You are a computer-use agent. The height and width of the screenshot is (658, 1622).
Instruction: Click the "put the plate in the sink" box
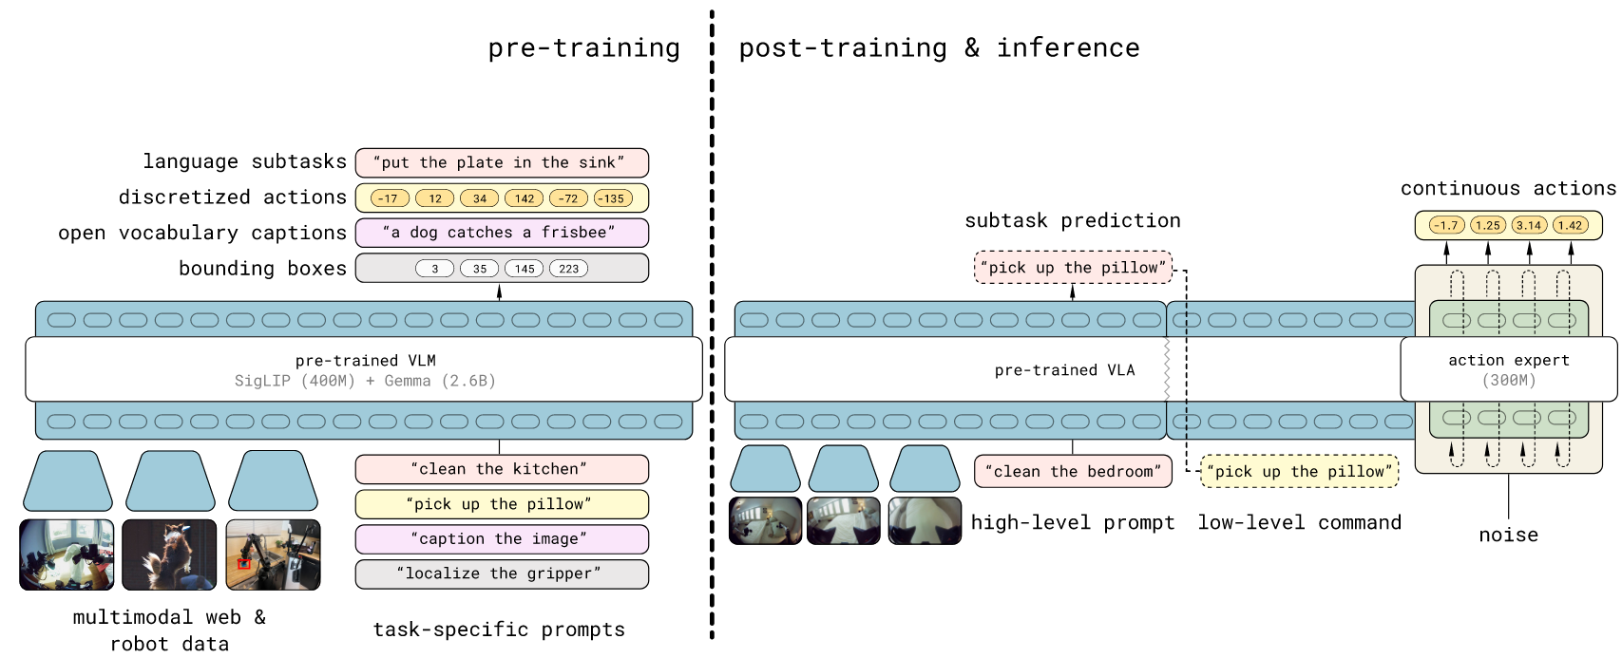[501, 162]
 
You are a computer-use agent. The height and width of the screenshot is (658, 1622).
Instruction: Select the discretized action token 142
[524, 198]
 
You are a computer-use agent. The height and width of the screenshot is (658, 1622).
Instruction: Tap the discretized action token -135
[613, 198]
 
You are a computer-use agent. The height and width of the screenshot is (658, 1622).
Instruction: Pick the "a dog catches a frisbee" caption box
[501, 233]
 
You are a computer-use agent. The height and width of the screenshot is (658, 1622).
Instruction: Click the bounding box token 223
[568, 269]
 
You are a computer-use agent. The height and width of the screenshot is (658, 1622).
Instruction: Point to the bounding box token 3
[434, 269]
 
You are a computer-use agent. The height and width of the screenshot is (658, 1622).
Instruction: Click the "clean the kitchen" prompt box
[501, 469]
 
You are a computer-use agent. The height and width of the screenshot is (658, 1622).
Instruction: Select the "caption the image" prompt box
[501, 539]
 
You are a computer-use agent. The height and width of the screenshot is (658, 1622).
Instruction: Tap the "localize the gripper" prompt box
[501, 573]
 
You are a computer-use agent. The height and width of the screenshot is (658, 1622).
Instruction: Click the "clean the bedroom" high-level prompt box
[1072, 471]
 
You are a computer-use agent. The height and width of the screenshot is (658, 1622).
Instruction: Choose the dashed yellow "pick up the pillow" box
[1299, 471]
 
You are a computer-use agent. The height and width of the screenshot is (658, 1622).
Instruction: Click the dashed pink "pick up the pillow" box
[1073, 268]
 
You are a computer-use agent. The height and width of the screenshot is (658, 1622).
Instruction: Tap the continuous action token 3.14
[1529, 225]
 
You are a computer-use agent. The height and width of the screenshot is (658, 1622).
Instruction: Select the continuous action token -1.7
[1446, 225]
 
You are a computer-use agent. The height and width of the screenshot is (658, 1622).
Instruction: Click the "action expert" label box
[1508, 369]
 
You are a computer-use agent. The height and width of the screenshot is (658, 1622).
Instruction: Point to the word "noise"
[1508, 535]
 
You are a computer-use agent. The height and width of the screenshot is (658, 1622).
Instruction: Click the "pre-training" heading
[583, 48]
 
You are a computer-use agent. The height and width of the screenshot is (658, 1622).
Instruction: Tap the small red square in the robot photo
[244, 564]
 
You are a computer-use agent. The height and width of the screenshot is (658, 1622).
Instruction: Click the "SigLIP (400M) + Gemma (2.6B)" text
[365, 381]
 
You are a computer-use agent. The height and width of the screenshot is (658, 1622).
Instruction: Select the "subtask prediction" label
[1072, 221]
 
